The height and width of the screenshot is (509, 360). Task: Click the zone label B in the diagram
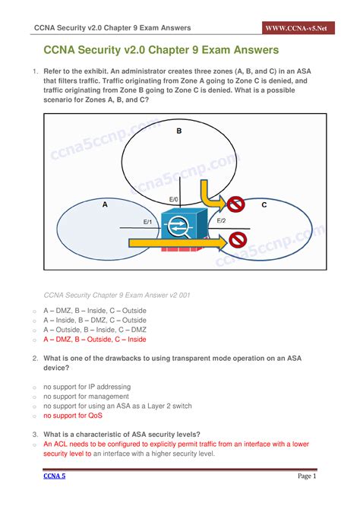(x=179, y=131)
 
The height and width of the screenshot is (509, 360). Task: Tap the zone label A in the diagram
(x=105, y=204)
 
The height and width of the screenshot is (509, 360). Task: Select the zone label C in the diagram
(x=264, y=204)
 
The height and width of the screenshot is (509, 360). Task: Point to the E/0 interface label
(x=174, y=200)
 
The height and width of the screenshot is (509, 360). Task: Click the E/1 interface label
(x=148, y=221)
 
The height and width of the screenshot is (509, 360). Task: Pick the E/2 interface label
(x=221, y=220)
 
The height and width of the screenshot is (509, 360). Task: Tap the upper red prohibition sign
(x=235, y=204)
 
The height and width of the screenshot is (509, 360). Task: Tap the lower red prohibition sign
(x=238, y=240)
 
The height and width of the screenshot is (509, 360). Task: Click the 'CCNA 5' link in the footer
(x=52, y=476)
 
